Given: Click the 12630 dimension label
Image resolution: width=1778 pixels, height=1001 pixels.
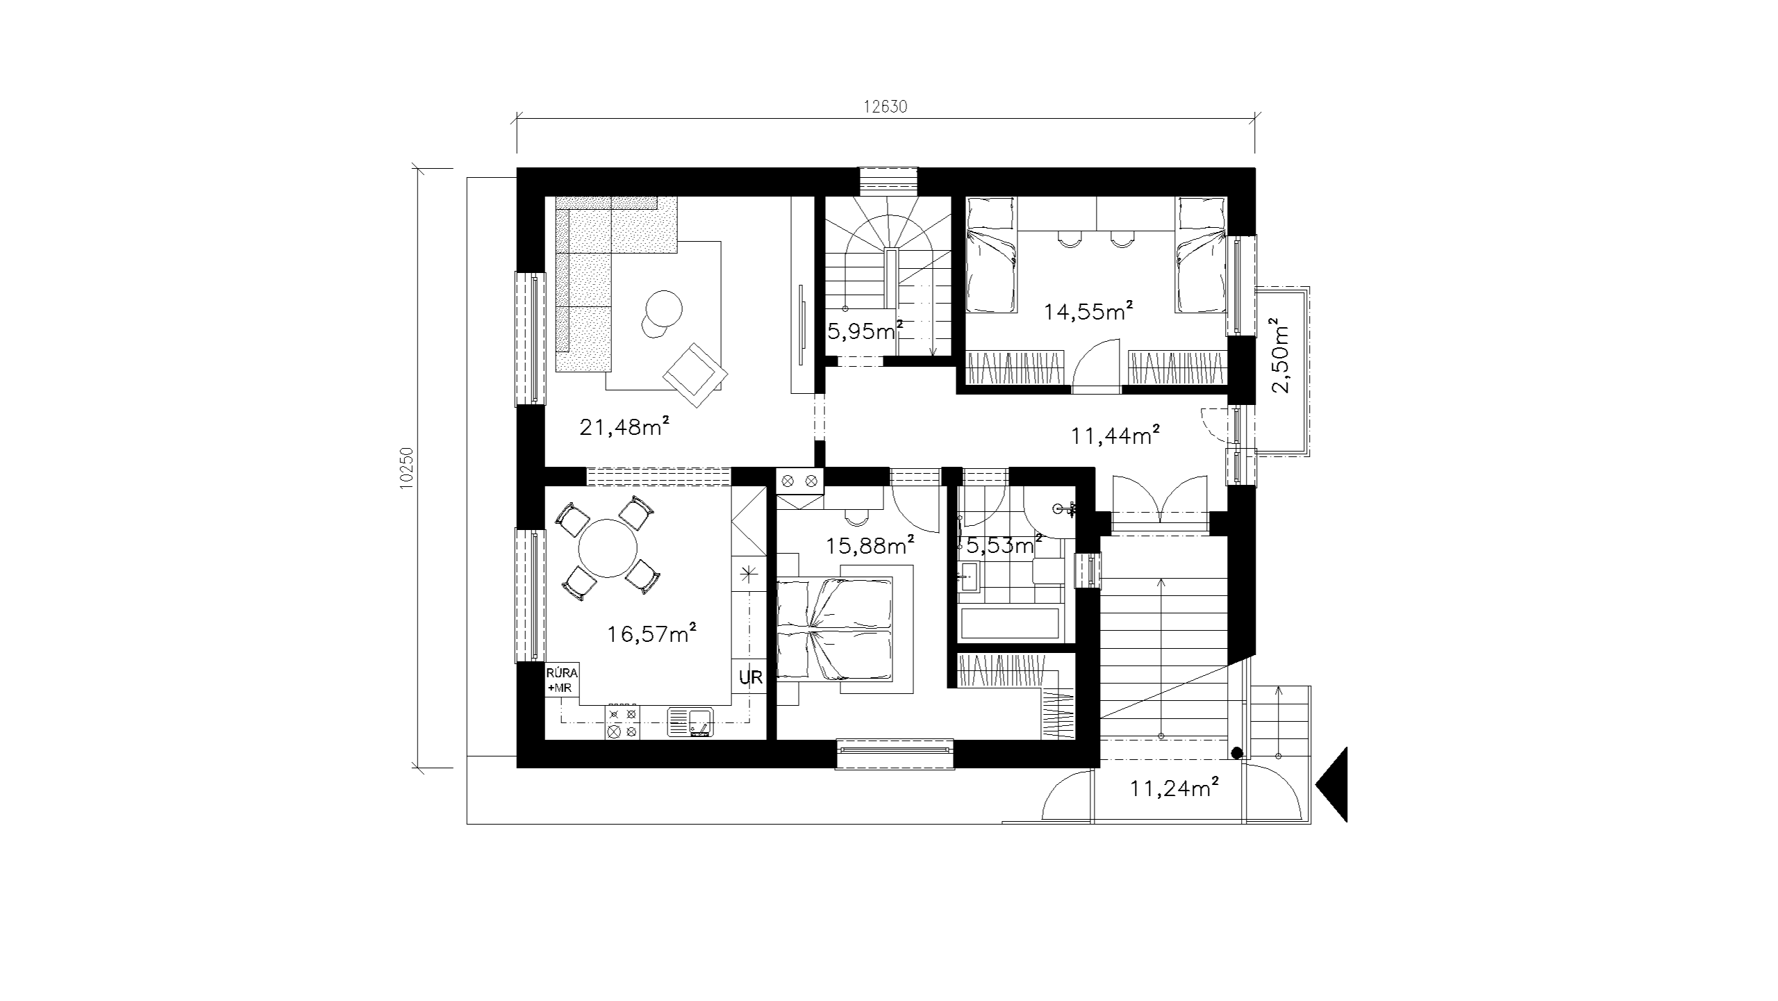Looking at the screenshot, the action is [x=886, y=107].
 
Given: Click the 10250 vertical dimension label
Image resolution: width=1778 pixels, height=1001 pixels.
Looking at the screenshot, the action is [x=407, y=468].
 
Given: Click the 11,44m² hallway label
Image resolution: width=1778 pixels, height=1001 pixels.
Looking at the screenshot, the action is [x=1115, y=436].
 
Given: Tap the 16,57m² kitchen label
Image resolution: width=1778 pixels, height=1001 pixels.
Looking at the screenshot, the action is [x=651, y=634].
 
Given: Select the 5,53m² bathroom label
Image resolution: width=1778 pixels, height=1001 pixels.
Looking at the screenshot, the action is [x=1003, y=545].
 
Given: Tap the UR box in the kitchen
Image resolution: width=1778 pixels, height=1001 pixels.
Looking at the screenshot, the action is [x=751, y=678].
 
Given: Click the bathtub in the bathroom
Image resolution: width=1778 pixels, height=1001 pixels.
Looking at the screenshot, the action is [x=1008, y=624].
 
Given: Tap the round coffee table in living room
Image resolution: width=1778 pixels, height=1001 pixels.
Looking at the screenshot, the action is [x=663, y=308].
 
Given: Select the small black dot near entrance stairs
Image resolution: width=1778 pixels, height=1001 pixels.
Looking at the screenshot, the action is [x=1236, y=752].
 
